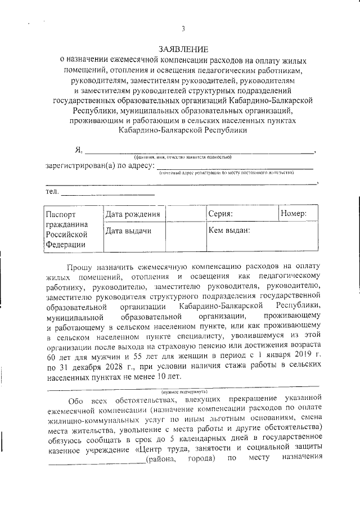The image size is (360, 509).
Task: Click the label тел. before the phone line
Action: point(52,192)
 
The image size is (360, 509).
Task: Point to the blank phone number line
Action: point(107,193)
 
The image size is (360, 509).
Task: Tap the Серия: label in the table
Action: point(220,214)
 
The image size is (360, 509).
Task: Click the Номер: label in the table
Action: point(293,214)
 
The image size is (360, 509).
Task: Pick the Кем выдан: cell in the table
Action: point(229,230)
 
